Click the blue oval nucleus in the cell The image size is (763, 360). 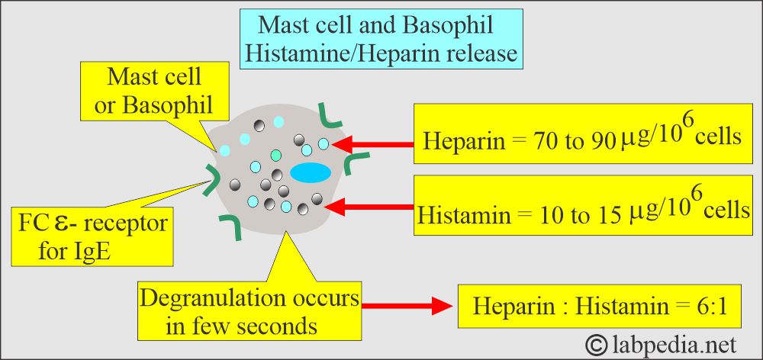coord(311,172)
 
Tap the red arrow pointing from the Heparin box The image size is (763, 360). coord(374,143)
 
